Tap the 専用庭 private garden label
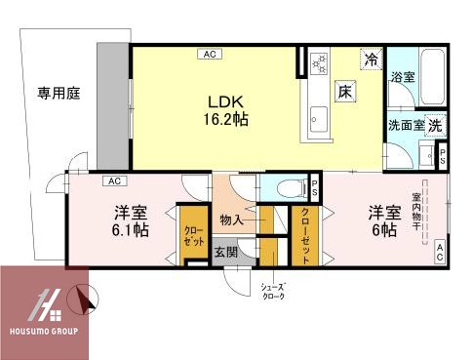(x=59, y=94)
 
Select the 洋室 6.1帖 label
(x=129, y=221)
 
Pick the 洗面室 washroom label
(x=407, y=126)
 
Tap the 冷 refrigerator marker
(x=371, y=60)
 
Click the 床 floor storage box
(x=345, y=92)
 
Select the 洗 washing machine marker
(x=435, y=125)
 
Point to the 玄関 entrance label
(x=226, y=250)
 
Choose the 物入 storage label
(x=232, y=221)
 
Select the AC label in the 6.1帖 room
(x=113, y=181)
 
